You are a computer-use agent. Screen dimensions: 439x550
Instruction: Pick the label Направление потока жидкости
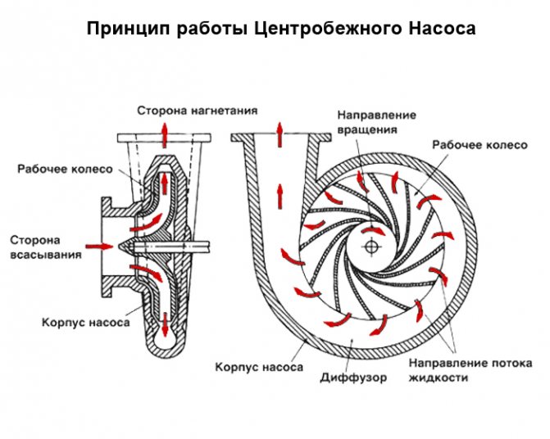tap(469, 370)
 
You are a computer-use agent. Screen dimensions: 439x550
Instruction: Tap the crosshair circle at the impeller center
tap(370, 246)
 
